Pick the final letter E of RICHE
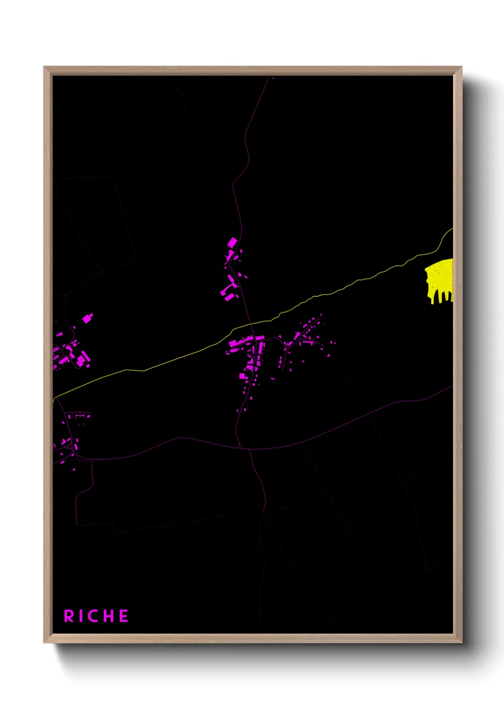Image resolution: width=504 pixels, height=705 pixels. (x=124, y=616)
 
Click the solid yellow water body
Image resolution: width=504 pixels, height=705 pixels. (x=440, y=276)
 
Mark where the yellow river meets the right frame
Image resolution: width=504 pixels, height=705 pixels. (x=452, y=229)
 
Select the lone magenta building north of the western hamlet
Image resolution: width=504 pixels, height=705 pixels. (x=87, y=318)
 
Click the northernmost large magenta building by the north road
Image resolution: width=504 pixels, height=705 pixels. (x=232, y=242)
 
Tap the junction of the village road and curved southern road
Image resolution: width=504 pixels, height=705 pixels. (x=240, y=447)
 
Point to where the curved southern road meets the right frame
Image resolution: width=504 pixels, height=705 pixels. (x=452, y=386)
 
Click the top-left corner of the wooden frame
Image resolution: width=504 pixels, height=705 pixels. (x=44, y=67)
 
